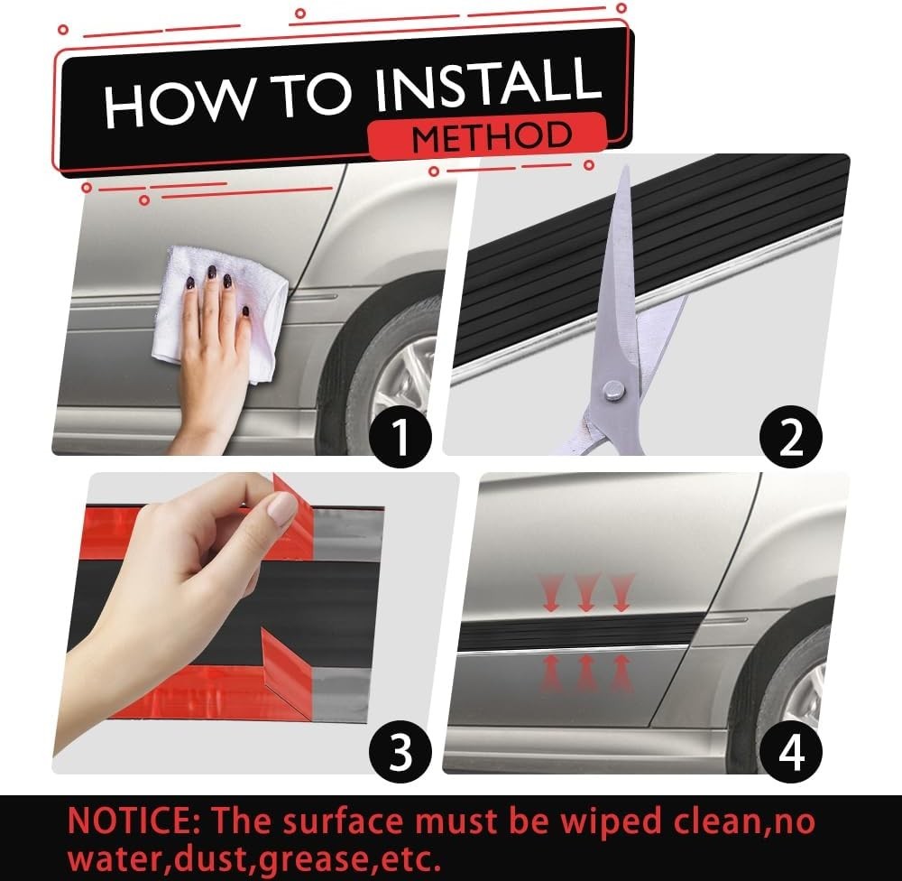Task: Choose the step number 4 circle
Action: [791, 750]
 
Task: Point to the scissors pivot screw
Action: [613, 393]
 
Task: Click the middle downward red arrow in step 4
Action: [586, 592]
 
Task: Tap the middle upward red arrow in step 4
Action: [585, 672]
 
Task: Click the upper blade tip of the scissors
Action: [626, 167]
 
